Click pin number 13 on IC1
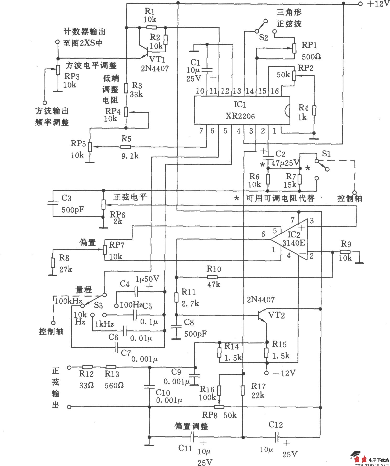pyautogui.click(x=237, y=91)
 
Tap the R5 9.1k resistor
pyautogui.click(x=126, y=147)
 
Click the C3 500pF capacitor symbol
pyautogui.click(x=53, y=203)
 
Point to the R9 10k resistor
pyautogui.click(x=345, y=252)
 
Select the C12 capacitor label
pyautogui.click(x=276, y=424)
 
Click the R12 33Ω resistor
pyautogui.click(x=87, y=367)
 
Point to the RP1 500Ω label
pyautogui.click(x=310, y=51)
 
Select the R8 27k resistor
pyautogui.click(x=53, y=263)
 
